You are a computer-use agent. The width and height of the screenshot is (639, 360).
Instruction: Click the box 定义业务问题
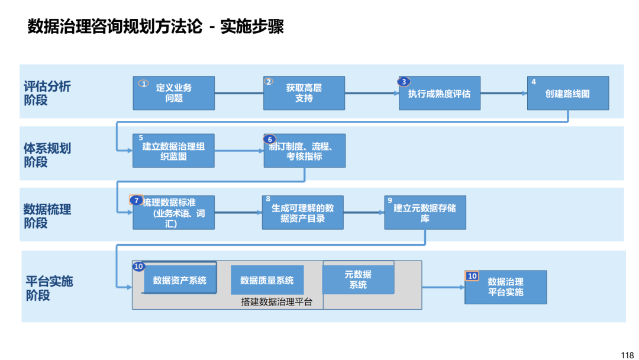[173, 93]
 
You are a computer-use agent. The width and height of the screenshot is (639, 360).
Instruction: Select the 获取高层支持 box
[304, 93]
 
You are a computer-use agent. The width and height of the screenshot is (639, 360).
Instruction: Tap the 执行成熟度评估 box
[440, 93]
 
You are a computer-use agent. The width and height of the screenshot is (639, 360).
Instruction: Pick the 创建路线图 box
[568, 93]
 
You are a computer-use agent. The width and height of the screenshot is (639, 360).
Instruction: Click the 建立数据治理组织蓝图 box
[173, 150]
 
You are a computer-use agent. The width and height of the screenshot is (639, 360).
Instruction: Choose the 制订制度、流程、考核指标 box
[305, 150]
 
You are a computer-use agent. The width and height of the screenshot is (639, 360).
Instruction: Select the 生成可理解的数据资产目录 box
[303, 213]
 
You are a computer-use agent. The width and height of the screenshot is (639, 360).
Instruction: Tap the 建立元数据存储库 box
[425, 213]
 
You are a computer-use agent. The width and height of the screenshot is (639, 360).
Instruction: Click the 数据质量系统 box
[267, 280]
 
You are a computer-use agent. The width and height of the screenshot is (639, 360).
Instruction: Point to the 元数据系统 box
[358, 279]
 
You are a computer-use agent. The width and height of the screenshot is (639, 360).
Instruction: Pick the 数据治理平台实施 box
[506, 287]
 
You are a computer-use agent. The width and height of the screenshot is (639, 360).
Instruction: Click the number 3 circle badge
[404, 82]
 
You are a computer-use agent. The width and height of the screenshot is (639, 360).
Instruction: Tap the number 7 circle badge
[136, 200]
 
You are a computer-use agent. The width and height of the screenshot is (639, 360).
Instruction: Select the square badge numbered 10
[472, 276]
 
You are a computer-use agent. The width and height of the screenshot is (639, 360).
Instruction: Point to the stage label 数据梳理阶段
[47, 216]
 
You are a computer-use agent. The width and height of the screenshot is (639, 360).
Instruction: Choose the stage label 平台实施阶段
[49, 288]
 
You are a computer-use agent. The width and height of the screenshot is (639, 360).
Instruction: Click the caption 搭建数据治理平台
[277, 302]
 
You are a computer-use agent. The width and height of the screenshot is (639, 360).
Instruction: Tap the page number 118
[627, 355]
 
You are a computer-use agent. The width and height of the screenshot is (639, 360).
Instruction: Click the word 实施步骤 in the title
[252, 27]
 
